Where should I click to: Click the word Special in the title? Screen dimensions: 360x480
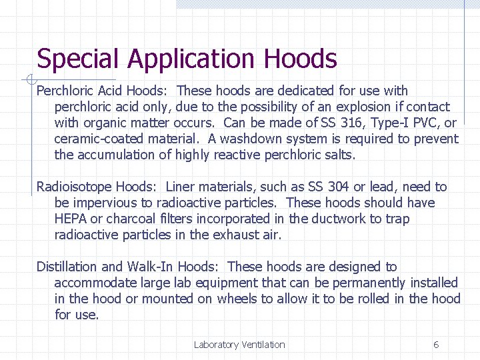coord(79,59)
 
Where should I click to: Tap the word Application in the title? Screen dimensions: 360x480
coord(193,59)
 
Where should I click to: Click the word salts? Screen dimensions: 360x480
coord(340,155)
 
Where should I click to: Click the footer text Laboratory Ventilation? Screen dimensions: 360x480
coord(239,345)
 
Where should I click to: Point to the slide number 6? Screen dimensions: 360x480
coord(436,345)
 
